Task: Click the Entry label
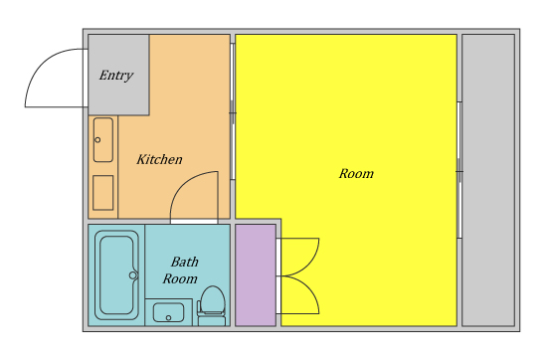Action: pos(116,76)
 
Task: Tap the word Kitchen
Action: pos(159,159)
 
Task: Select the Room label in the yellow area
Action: pos(356,174)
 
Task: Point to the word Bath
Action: pos(185,262)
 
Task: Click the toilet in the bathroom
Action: pos(212,306)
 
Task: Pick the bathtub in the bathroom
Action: pos(116,275)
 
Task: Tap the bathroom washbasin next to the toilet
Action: pos(168,312)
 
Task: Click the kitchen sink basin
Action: pos(103,140)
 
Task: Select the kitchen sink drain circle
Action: pos(97,140)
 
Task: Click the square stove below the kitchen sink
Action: pos(103,192)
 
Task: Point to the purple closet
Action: pos(256,275)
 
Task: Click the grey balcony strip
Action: pos(488,180)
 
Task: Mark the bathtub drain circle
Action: pos(133,275)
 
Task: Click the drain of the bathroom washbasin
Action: pos(168,317)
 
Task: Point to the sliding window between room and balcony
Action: pos(459,170)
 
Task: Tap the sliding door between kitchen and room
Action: pos(233,111)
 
